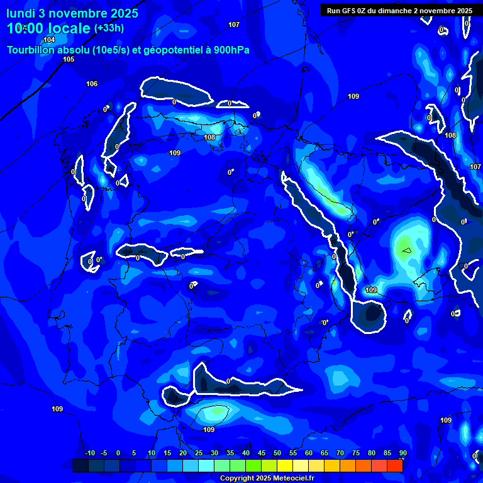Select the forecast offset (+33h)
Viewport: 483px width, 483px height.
point(109,28)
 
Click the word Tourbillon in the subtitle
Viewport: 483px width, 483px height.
point(31,50)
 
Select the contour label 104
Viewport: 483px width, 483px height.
point(49,40)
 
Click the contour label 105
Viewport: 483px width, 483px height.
point(69,59)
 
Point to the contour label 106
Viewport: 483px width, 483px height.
point(92,84)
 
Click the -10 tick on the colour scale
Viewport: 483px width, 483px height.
point(90,453)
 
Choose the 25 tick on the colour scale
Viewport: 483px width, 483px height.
point(199,453)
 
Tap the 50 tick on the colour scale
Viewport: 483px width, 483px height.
point(277,453)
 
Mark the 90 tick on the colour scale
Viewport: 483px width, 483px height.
point(402,453)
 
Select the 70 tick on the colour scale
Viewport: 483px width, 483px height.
point(340,453)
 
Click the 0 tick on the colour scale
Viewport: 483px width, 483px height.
point(118,453)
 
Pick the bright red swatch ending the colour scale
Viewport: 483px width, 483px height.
point(394,465)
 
